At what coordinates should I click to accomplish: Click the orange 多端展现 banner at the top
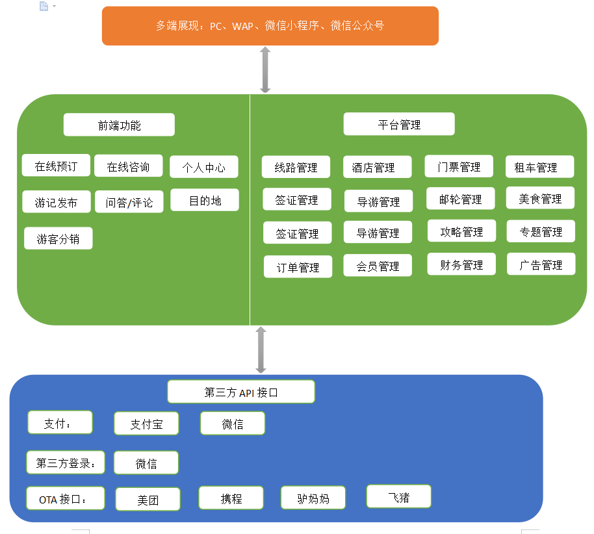(x=270, y=26)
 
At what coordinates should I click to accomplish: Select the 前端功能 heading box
(x=119, y=125)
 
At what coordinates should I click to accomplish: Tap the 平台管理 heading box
(x=399, y=124)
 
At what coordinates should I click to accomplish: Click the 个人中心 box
(x=204, y=167)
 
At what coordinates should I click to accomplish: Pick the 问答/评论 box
(x=129, y=202)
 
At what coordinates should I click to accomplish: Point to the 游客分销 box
(x=58, y=238)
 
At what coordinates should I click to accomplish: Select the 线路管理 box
(x=296, y=167)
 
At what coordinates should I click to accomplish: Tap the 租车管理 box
(x=539, y=167)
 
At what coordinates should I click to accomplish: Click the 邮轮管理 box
(x=461, y=199)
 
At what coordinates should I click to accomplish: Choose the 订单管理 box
(x=298, y=266)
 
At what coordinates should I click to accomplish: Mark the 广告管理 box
(x=541, y=264)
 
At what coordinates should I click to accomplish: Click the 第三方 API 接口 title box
(x=241, y=392)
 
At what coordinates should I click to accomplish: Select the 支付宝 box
(x=146, y=424)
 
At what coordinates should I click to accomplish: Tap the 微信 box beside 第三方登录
(x=146, y=463)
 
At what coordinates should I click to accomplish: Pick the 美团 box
(x=148, y=500)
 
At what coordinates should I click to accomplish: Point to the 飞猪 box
(x=399, y=497)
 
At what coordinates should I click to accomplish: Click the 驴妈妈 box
(x=313, y=498)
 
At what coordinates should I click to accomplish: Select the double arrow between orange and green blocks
(x=265, y=70)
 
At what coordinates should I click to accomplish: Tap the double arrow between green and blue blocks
(x=261, y=350)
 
